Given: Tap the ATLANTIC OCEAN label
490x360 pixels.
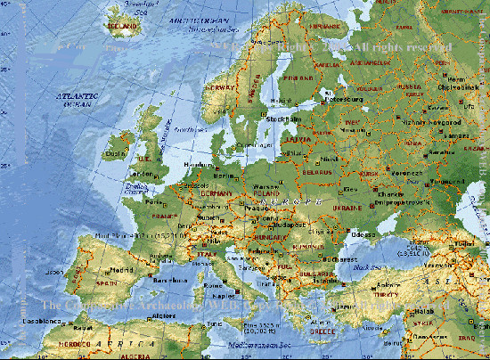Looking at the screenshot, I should pyautogui.click(x=76, y=99).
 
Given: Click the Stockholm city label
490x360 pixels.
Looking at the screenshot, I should pyautogui.click(x=283, y=118).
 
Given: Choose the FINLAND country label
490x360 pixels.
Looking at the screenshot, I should pyautogui.click(x=298, y=77).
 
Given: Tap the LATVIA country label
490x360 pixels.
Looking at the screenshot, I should pyautogui.click(x=298, y=138).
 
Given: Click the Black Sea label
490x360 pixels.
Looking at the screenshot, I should pyautogui.click(x=365, y=266).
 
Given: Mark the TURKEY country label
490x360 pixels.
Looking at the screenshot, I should pyautogui.click(x=386, y=294).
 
